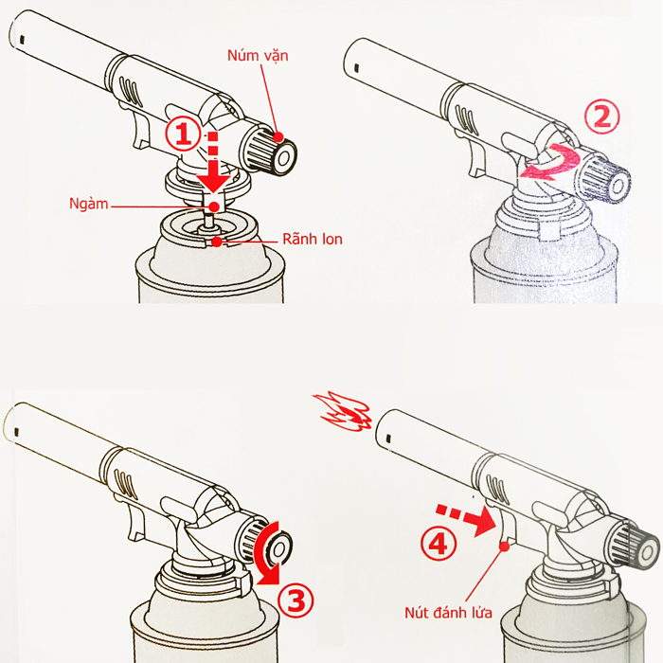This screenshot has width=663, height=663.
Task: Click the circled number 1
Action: (183, 134)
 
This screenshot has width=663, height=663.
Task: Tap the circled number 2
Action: (602, 116)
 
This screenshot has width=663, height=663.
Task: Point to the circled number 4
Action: (438, 545)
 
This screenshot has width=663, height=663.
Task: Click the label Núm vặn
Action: (258, 55)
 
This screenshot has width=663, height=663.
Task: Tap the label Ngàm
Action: (89, 204)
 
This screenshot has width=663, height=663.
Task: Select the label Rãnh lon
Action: (312, 240)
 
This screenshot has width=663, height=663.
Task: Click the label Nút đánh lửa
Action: (448, 613)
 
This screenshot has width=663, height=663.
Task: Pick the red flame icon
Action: (342, 412)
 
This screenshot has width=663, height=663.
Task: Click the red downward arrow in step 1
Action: (214, 163)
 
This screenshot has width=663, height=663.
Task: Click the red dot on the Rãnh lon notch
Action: (217, 242)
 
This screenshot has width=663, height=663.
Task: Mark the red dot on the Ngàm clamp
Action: (214, 206)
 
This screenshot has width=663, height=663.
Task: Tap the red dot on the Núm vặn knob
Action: (278, 136)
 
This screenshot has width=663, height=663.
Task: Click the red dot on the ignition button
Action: (504, 547)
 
